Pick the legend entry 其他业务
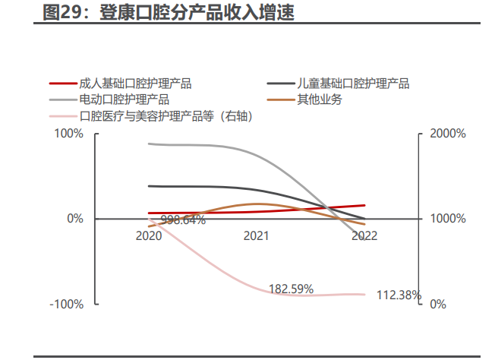point(320,99)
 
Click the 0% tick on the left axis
point(74,219)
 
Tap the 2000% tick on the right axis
point(448,134)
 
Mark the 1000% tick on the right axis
point(448,219)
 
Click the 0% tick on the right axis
point(439,304)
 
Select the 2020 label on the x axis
point(149,236)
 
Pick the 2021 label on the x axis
point(257,236)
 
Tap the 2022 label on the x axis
point(364,236)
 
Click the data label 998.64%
point(183,220)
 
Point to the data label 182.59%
point(291,289)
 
